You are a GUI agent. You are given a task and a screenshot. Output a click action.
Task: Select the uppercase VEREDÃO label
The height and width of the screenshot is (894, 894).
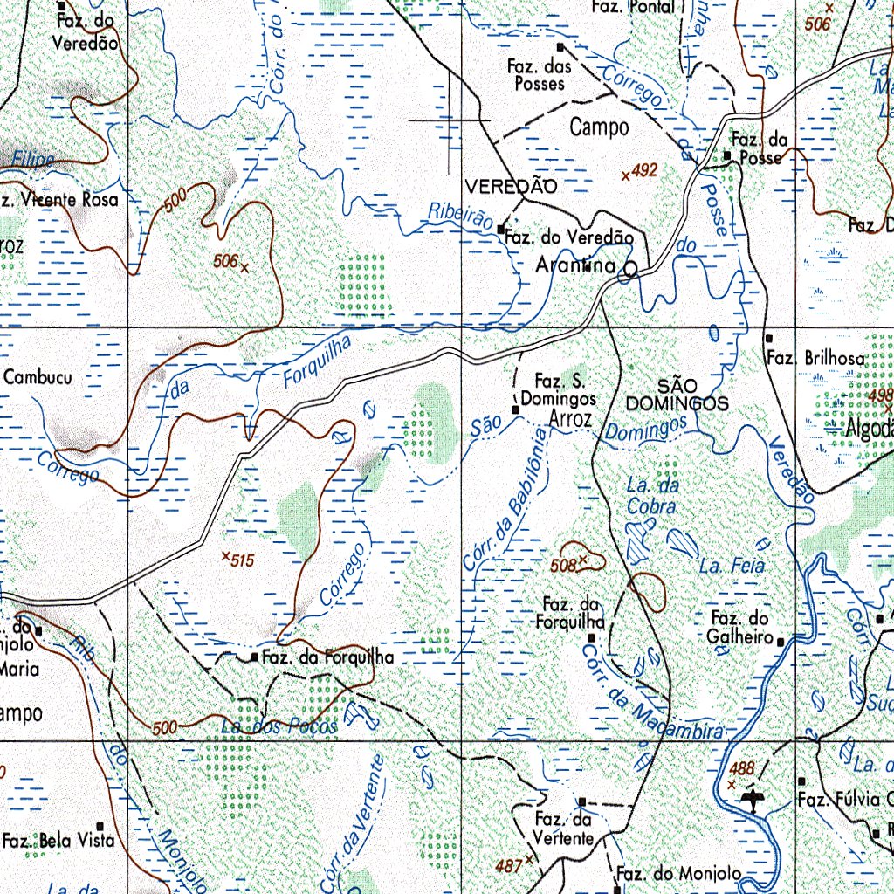[x=511, y=186]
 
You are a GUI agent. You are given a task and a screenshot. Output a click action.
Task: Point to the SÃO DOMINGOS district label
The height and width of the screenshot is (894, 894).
[x=677, y=395]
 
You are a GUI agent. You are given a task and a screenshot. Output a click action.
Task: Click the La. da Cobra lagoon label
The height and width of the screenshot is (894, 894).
[x=651, y=495]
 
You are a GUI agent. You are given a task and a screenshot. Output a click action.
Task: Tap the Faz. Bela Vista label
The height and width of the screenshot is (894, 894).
[x=58, y=841]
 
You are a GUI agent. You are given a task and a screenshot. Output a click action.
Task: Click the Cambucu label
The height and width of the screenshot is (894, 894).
[x=38, y=377]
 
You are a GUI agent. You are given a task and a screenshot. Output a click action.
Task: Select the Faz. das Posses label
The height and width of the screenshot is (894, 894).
[x=540, y=75]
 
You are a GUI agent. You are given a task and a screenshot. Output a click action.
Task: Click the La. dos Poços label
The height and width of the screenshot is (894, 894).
[x=279, y=726]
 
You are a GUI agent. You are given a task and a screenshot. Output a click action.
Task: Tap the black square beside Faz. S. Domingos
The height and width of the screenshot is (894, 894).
[x=515, y=408]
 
